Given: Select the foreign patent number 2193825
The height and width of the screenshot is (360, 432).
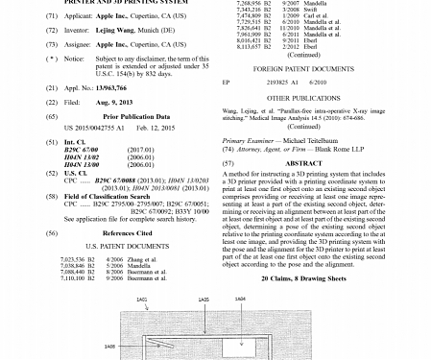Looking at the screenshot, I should (x=287, y=83).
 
